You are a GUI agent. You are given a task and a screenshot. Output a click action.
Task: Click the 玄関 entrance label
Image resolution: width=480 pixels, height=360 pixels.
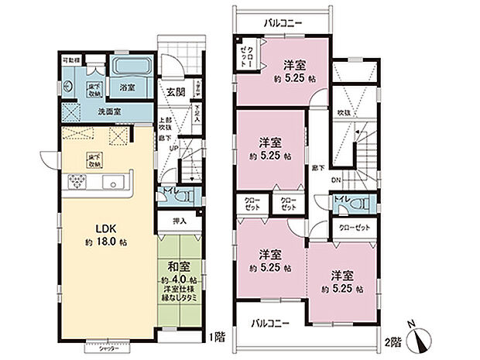(x=175, y=92)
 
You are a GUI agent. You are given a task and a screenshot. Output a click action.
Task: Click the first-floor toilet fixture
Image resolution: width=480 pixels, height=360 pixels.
(x=183, y=197)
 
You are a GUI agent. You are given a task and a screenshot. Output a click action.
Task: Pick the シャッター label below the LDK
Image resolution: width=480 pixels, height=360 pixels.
(x=108, y=349)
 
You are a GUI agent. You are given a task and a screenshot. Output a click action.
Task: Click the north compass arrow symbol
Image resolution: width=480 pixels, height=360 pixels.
(x=422, y=336)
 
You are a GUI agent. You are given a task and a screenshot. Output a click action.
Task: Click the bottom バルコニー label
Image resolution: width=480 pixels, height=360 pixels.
(x=271, y=323)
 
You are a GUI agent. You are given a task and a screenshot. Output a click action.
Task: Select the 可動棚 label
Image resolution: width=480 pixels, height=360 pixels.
(x=70, y=58)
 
